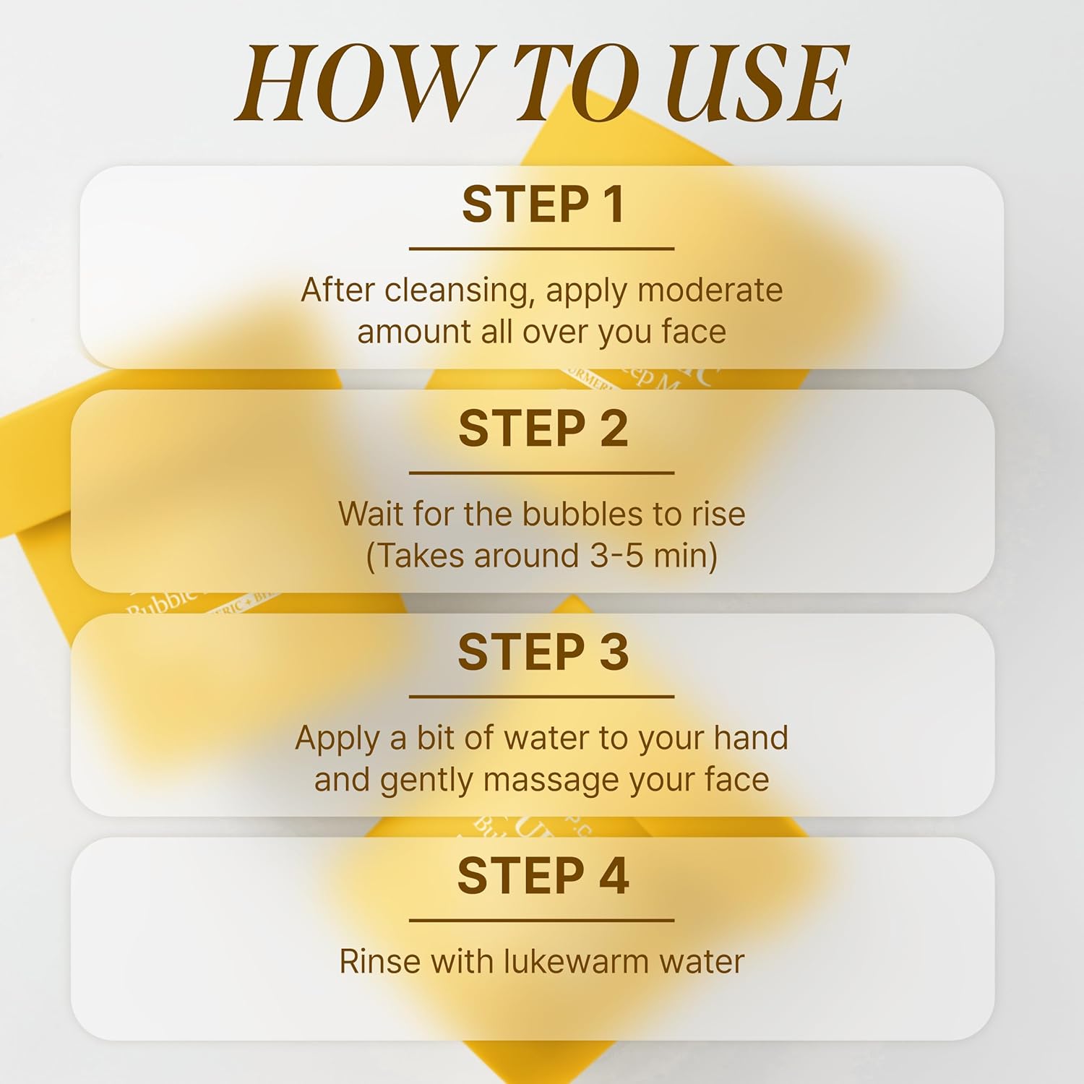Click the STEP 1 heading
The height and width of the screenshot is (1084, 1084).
tap(542, 205)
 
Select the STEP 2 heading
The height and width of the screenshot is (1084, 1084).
tap(542, 429)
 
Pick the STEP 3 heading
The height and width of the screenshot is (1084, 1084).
tap(542, 653)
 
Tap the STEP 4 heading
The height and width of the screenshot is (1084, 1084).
tap(542, 876)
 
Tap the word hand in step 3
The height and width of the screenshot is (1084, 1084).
tap(751, 739)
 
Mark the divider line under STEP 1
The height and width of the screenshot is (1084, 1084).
tap(542, 249)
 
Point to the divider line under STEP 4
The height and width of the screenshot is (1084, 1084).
tap(542, 921)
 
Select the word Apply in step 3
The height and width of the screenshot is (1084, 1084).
tap(337, 739)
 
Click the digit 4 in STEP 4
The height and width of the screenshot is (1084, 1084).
tap(613, 876)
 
